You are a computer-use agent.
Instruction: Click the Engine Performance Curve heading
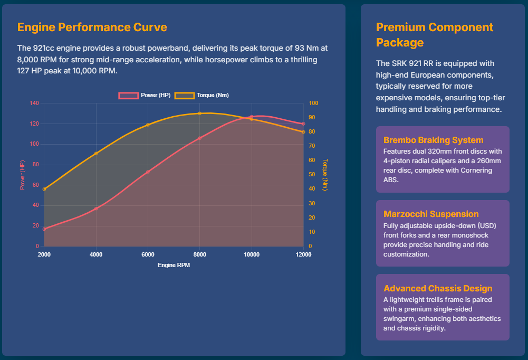click(92, 27)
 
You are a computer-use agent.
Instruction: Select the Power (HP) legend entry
click(145, 96)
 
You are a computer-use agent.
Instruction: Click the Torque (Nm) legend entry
click(202, 96)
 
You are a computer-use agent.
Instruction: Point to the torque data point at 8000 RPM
click(199, 113)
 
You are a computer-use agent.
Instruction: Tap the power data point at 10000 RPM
click(252, 117)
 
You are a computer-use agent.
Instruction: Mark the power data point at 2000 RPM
click(44, 229)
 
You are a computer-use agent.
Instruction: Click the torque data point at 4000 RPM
click(96, 154)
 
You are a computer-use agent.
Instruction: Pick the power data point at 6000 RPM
click(148, 172)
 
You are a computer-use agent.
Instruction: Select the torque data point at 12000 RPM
click(303, 132)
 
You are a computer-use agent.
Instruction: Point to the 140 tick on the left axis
click(34, 103)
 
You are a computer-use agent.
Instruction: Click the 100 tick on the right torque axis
click(313, 103)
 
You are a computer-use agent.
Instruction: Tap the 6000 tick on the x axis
click(148, 255)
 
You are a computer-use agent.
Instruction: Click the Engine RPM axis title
click(174, 266)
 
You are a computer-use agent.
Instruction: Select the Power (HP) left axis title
click(22, 175)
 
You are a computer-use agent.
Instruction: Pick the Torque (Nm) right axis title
click(325, 175)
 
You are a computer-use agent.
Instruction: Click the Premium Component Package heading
click(435, 35)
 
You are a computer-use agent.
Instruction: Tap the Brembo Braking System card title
click(433, 140)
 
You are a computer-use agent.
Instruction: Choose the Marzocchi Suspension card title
click(431, 214)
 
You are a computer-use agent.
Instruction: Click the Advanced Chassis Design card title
click(438, 289)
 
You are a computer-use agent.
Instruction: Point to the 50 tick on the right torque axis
click(312, 175)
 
